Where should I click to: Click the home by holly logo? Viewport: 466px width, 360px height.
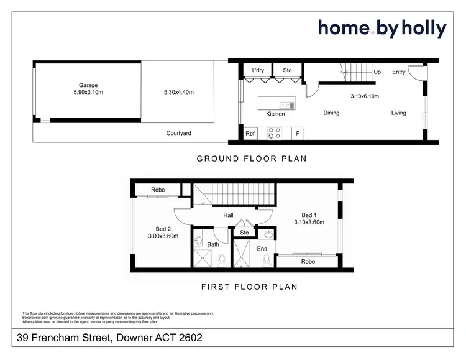pos(381,28)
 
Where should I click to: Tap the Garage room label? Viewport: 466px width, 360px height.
pos(88,85)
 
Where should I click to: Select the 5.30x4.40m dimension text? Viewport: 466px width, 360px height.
pos(178,92)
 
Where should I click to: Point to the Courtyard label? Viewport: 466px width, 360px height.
pos(178,133)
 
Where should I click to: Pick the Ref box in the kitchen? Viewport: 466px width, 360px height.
pos(250,133)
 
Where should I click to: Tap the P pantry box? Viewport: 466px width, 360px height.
pos(298,133)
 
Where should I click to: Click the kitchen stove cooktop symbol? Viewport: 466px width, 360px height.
pos(274,132)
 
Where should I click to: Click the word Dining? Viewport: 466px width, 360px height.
pos(331,113)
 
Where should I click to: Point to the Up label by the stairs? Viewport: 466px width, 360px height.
pos(377,72)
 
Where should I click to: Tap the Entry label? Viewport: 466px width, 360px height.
pos(398,72)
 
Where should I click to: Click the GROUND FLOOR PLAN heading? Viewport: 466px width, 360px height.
pos(252,159)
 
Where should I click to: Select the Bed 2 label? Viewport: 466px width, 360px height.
pos(163,228)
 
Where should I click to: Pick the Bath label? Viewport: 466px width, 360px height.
pos(213,245)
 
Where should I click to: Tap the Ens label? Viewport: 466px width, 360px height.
pos(262,249)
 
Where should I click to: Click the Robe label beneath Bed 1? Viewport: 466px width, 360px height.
pos(308,262)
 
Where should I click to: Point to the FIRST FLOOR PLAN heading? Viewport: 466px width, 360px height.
pos(249,287)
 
